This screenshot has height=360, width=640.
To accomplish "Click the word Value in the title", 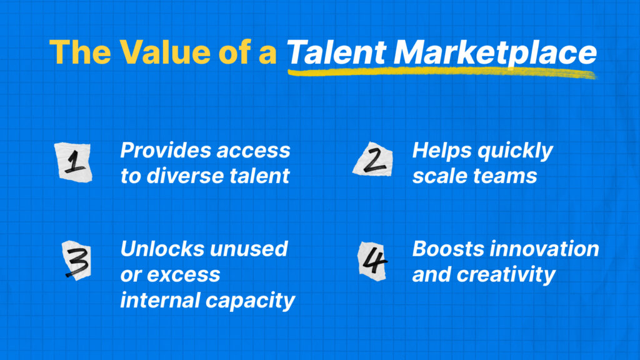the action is (x=164, y=52).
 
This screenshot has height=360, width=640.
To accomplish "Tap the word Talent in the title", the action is (x=336, y=52).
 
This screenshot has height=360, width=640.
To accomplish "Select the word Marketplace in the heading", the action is (x=495, y=52).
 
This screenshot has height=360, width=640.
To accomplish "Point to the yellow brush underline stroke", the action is (x=442, y=73).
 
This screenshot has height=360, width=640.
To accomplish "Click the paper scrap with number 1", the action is (x=74, y=162).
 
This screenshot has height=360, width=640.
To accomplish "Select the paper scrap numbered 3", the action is (x=77, y=260).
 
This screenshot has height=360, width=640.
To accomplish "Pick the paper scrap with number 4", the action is (x=372, y=261).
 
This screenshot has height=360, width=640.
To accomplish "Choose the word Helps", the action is (x=442, y=151).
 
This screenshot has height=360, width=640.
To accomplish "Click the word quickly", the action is (x=515, y=151).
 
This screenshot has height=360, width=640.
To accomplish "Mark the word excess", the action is (x=184, y=275).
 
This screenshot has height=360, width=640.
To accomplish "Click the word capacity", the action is (x=250, y=301).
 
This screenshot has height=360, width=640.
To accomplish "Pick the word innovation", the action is (x=544, y=249).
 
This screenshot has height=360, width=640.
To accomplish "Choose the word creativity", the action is (x=506, y=275).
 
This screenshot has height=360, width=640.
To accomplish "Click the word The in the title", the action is (x=81, y=52).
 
